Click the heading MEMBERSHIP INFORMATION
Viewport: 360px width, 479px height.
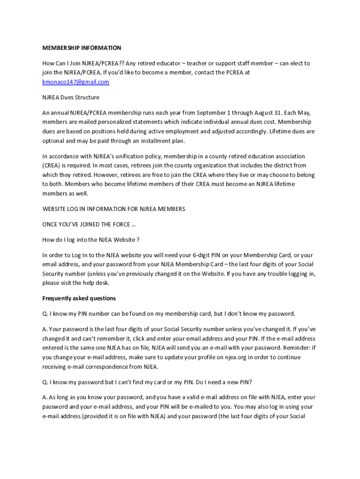(82, 48)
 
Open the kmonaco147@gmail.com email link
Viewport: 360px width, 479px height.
(76, 82)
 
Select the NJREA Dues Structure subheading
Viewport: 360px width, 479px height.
(71, 97)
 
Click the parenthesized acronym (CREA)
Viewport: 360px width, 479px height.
(51, 165)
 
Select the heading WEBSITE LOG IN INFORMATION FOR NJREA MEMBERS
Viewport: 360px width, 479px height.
(114, 209)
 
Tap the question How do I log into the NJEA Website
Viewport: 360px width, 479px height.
(91, 239)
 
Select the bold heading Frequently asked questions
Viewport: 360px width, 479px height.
(79, 298)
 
